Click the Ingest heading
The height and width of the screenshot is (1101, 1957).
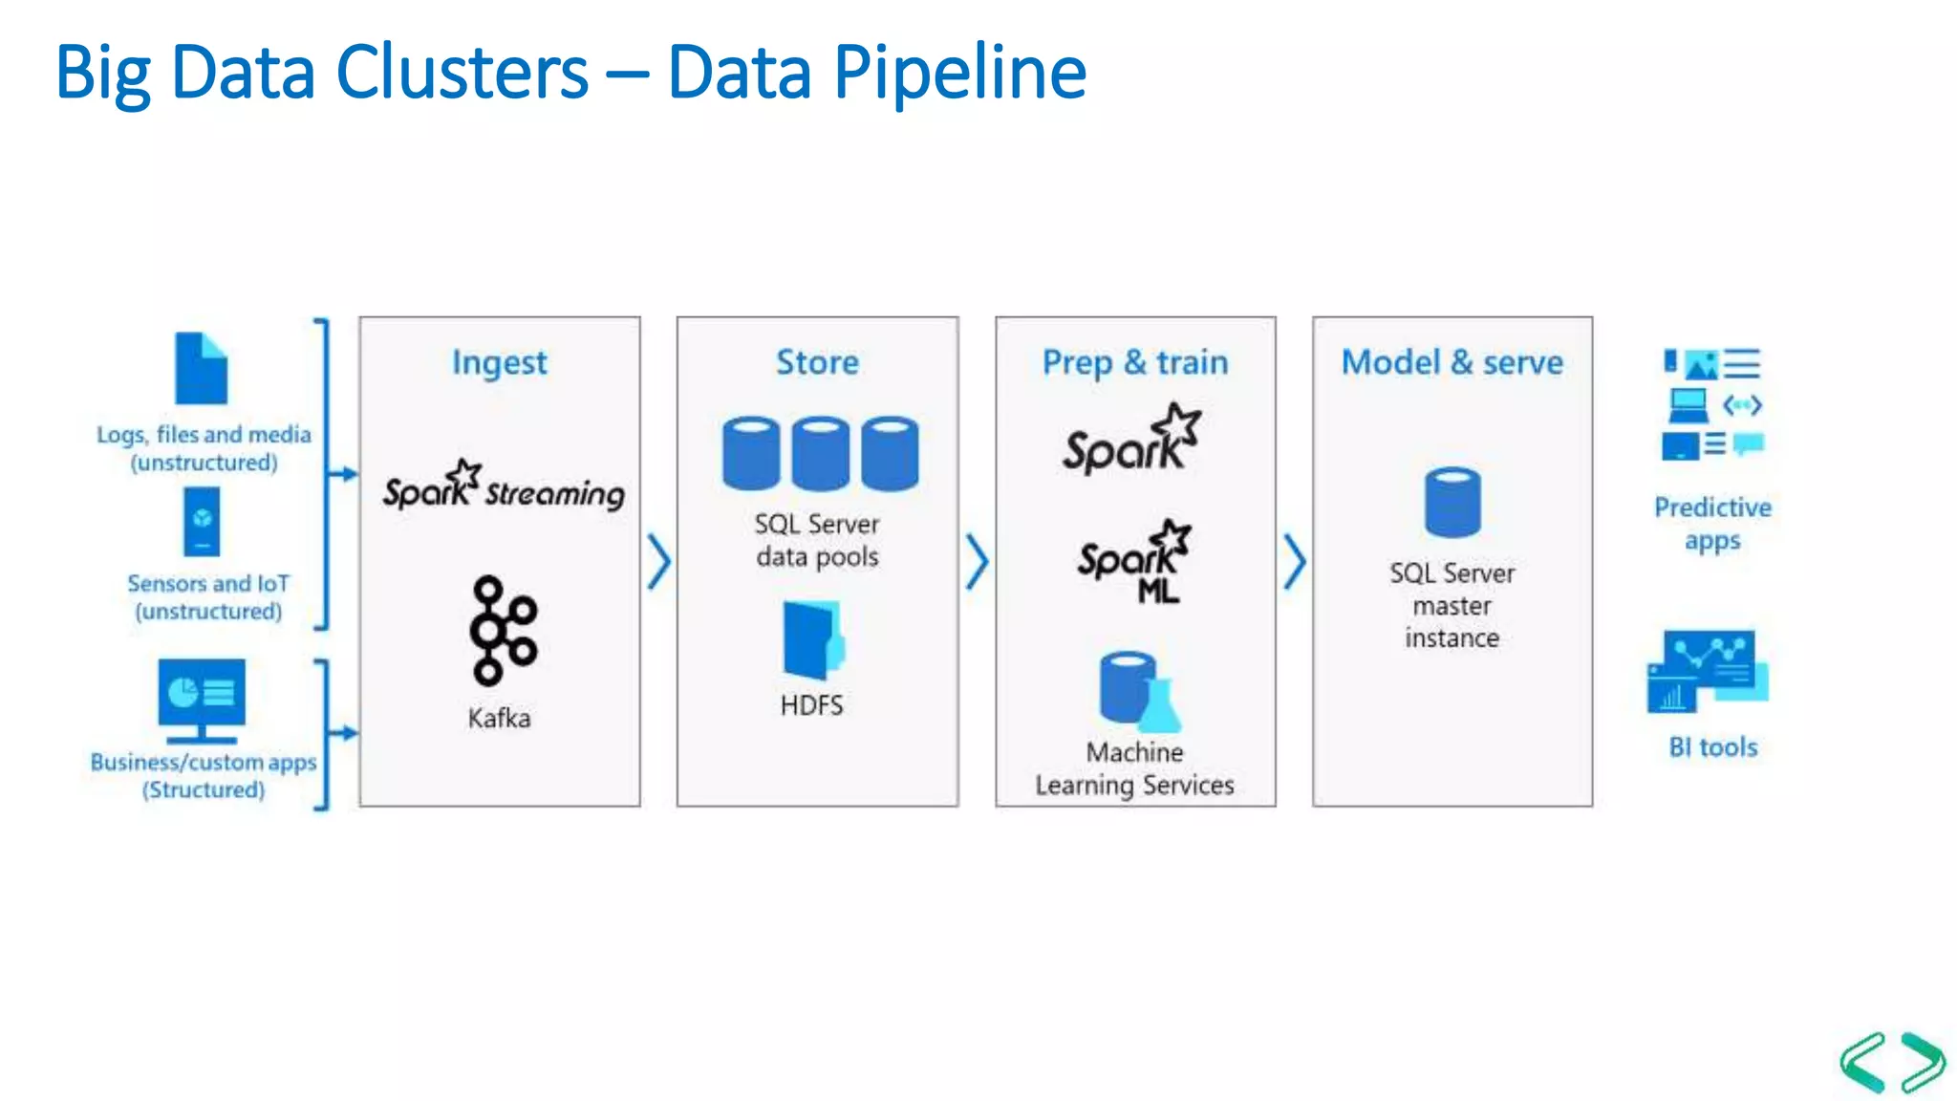pos(499,362)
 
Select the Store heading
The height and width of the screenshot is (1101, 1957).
pos(817,362)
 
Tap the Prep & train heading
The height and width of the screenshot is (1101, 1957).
pos(1134,362)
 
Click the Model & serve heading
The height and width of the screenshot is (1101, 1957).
pos(1452,362)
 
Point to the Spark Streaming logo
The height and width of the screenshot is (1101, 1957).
pos(503,487)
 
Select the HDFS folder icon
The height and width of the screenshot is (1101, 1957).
pos(812,639)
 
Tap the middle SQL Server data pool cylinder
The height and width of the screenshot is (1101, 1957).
pos(820,453)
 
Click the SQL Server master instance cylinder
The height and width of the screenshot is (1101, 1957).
pos(1452,503)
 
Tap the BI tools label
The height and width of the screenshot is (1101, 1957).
pos(1712,747)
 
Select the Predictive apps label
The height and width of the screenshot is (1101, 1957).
pos(1712,523)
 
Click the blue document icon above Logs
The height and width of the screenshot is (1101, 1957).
pos(201,369)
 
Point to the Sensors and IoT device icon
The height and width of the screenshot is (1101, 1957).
pos(202,522)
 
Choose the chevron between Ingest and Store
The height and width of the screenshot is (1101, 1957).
pos(658,561)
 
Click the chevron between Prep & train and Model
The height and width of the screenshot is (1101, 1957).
pos(1294,561)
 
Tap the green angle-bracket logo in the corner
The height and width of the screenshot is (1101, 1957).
pos(1891,1062)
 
